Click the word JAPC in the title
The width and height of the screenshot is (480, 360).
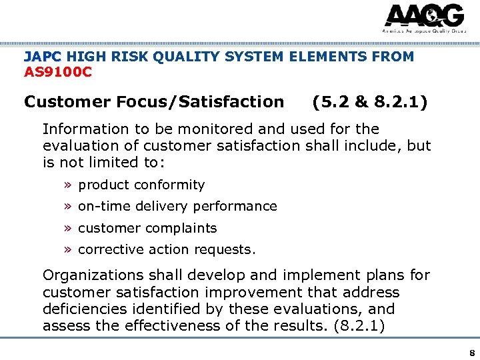[x=43, y=57]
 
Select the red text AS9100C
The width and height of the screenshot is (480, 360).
[x=58, y=71]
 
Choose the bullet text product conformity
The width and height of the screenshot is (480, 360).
[x=141, y=185]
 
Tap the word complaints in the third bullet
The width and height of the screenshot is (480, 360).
[x=181, y=228]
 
